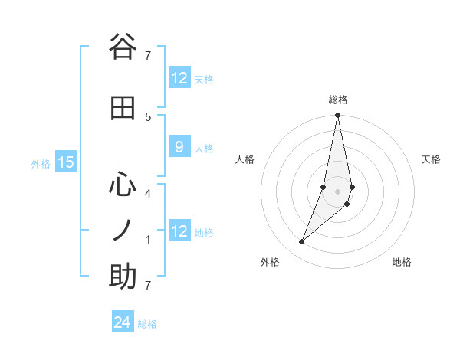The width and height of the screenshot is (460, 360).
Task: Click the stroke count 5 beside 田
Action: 148,116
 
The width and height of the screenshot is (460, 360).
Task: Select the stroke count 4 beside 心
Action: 148,193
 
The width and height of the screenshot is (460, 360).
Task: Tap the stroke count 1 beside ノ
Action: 148,239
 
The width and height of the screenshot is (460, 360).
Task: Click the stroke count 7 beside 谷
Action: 148,55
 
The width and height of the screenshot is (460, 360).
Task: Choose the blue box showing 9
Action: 179,147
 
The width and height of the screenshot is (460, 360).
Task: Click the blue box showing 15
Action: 65,162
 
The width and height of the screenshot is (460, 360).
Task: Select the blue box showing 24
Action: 123,322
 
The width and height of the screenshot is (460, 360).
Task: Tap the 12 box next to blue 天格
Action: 179,78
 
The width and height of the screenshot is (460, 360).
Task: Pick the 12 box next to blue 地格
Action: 179,231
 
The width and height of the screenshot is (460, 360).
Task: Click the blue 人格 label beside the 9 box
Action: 204,148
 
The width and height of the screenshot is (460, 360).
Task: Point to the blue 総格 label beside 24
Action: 147,324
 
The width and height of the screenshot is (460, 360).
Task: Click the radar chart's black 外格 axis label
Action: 270,263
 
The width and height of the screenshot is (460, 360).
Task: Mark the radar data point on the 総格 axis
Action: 337,116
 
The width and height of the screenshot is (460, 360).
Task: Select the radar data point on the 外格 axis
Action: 301,242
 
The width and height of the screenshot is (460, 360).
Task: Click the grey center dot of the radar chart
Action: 337,191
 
